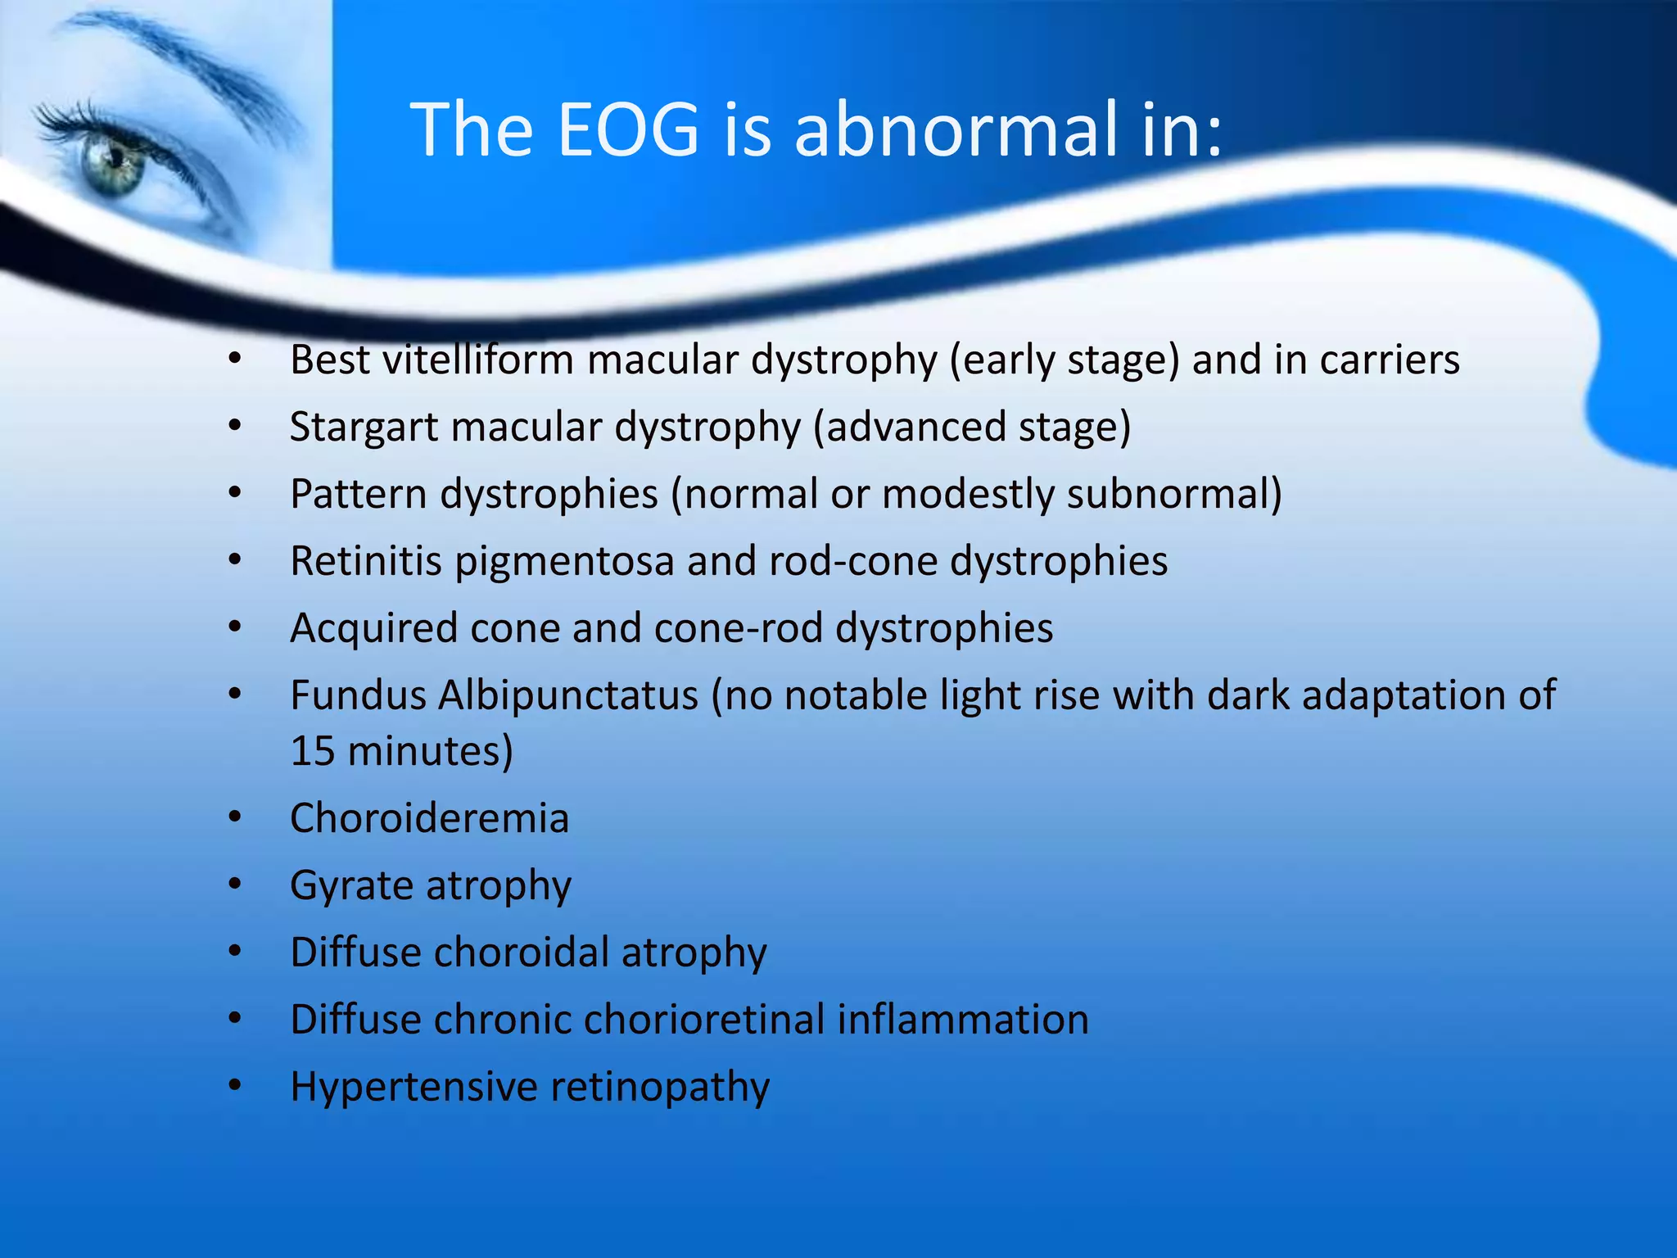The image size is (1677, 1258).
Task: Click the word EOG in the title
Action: (628, 129)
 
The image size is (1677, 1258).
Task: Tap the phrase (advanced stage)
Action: (972, 428)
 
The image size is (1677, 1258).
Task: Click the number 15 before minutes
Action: (312, 751)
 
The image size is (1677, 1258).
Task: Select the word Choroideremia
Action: (429, 818)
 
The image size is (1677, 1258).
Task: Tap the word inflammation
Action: (963, 1020)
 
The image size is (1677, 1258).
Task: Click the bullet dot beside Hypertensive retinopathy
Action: (236, 1087)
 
